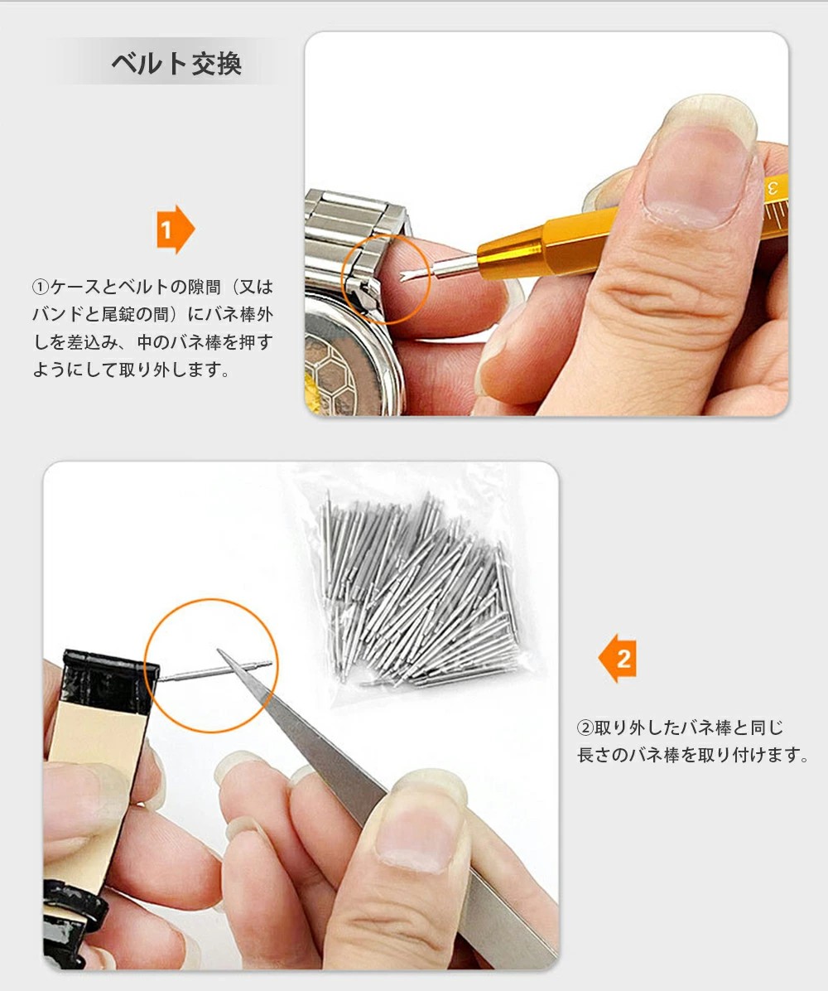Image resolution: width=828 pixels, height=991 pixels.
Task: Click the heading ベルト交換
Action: coord(176,64)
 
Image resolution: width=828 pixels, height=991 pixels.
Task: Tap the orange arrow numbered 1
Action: coord(175,230)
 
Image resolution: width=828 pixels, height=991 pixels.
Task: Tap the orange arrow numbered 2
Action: coord(617,659)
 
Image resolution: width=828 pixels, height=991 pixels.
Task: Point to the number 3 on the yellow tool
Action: coord(773,187)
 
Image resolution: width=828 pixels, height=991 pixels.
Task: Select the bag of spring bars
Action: coord(416,587)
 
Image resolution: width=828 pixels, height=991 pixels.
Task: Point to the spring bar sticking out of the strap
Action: coord(214,671)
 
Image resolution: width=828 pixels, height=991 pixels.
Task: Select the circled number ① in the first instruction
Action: coord(40,287)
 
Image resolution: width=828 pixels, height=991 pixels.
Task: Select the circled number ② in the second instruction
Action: coord(585,728)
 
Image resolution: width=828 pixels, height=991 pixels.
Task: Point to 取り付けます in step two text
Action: coord(744,755)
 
